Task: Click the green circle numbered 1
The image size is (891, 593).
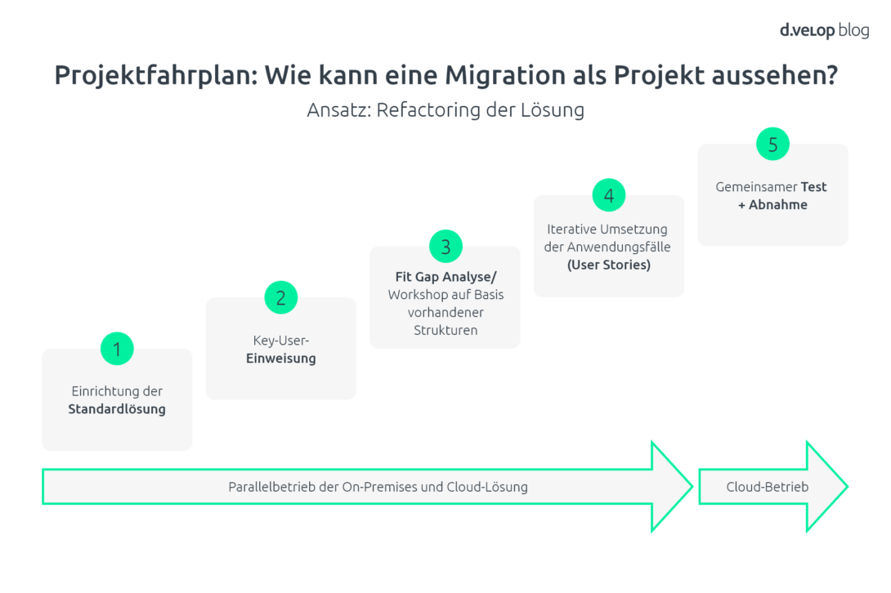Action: pos(117,349)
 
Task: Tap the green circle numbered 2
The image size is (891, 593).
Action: pos(280,297)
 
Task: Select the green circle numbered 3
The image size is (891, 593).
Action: pos(445,246)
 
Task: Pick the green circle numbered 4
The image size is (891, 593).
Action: pos(609,195)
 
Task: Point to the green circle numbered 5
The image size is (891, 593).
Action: pos(772,144)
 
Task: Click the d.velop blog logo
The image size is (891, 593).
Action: pos(824,30)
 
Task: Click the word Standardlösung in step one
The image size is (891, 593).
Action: pos(117,409)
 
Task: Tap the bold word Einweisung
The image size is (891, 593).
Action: pos(280,359)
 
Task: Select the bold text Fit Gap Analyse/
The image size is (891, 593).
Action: pos(445,277)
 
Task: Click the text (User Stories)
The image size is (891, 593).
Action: pos(609,265)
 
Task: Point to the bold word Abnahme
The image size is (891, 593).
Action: pos(777,204)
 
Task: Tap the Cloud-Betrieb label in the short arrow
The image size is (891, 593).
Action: pos(767,487)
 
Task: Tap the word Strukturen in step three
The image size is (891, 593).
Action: pos(445,330)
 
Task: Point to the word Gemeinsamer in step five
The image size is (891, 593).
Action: pos(756,187)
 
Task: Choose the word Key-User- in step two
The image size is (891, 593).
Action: pos(280,341)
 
